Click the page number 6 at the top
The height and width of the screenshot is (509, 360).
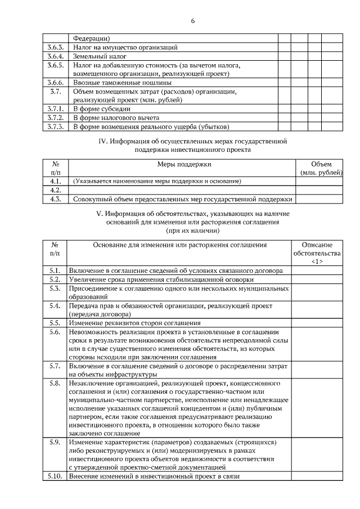(192, 21)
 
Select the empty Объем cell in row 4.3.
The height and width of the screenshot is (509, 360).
(319, 199)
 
